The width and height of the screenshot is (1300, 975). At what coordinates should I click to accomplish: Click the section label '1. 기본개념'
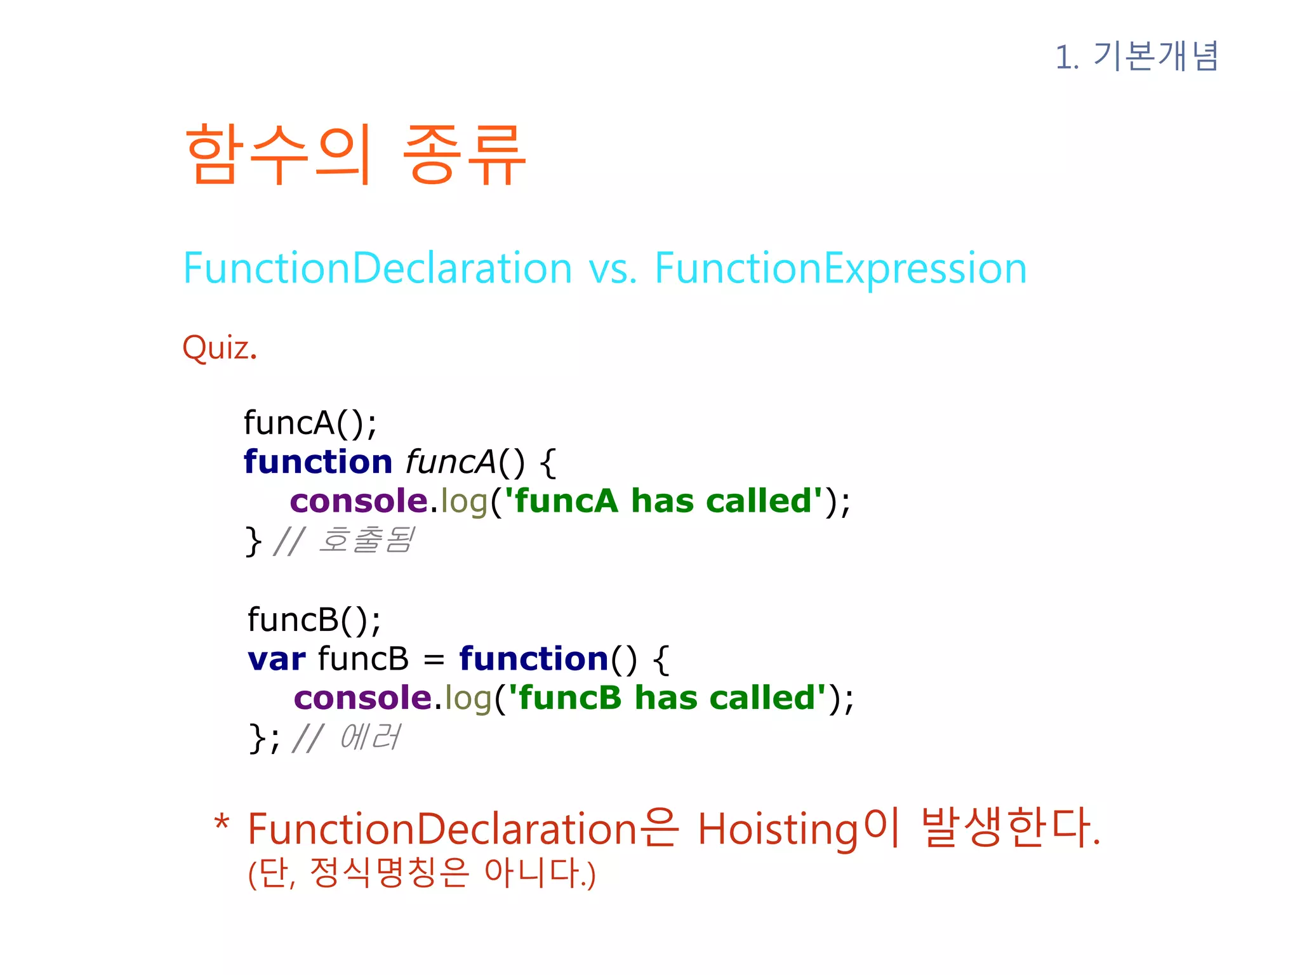point(1136,56)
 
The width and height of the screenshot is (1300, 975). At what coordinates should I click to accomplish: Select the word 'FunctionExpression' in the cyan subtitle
point(840,268)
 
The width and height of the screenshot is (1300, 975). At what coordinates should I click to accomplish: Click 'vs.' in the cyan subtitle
point(613,269)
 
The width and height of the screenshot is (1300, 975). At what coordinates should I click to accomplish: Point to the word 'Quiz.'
point(220,348)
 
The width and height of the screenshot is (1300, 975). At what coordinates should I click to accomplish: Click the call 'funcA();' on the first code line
point(310,423)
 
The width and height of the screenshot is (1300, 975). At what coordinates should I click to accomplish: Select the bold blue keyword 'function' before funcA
point(318,461)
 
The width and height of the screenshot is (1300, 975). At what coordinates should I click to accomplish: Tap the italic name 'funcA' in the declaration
point(451,461)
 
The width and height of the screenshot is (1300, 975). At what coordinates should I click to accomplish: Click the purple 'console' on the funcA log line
point(359,501)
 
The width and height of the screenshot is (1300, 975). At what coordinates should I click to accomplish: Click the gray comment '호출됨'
point(366,541)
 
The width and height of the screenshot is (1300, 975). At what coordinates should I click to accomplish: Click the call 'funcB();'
point(314,620)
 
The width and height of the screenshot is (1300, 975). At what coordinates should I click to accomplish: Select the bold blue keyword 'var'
point(277,659)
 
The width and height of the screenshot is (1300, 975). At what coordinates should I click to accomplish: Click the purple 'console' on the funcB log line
point(362,698)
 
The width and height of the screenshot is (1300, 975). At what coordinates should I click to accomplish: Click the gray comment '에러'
point(369,738)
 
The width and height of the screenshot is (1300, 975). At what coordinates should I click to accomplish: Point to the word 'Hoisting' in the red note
point(778,830)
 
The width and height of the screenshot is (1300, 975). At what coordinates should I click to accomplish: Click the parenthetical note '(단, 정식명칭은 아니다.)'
point(421,873)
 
